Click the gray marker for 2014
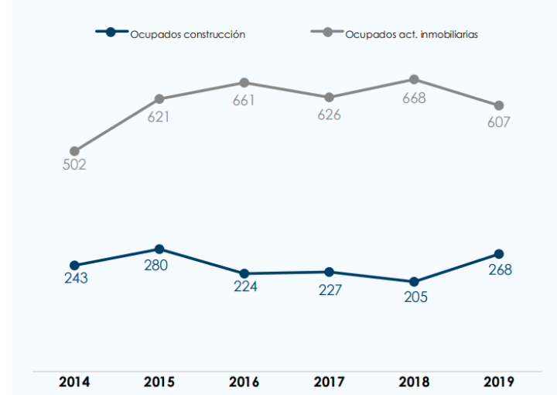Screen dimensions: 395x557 point(74,152)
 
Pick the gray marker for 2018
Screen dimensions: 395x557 point(414,79)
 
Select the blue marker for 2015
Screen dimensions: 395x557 point(159,249)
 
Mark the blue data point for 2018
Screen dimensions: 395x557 point(414,282)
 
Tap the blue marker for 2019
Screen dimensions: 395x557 point(499,254)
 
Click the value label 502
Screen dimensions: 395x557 point(74,165)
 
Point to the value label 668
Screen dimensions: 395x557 point(413,98)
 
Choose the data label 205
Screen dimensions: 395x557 point(414,297)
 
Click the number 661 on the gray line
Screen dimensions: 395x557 point(244,100)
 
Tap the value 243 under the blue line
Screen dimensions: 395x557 point(76,279)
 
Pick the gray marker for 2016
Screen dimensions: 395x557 point(244,83)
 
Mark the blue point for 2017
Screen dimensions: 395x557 point(329,272)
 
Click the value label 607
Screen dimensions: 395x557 point(499,122)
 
